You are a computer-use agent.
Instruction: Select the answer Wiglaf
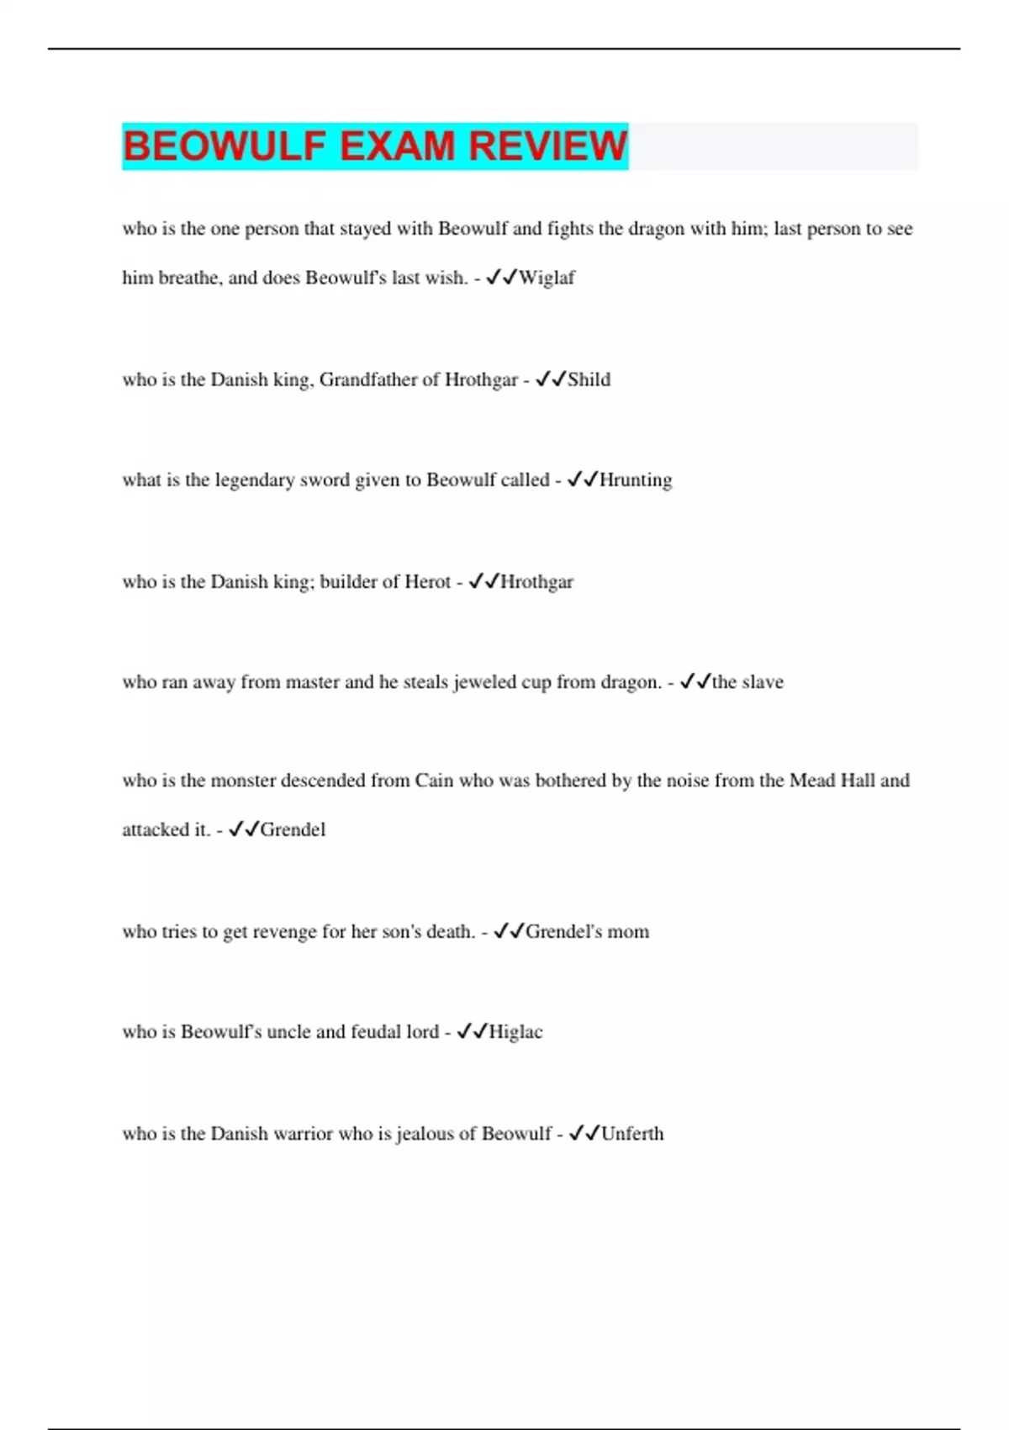point(547,278)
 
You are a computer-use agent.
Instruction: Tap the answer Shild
point(589,379)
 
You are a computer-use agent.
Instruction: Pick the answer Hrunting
point(636,480)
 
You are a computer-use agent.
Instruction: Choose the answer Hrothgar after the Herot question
point(536,581)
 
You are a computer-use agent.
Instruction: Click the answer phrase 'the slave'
point(748,681)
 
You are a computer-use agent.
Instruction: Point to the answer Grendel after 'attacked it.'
point(293,829)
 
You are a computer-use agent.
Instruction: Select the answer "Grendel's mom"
point(587,931)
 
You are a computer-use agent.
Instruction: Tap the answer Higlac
point(515,1031)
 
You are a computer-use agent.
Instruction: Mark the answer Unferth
point(632,1133)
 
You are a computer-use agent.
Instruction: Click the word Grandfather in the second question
point(367,379)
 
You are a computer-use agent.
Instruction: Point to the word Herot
point(428,581)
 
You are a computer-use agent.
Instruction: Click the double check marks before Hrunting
point(582,479)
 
